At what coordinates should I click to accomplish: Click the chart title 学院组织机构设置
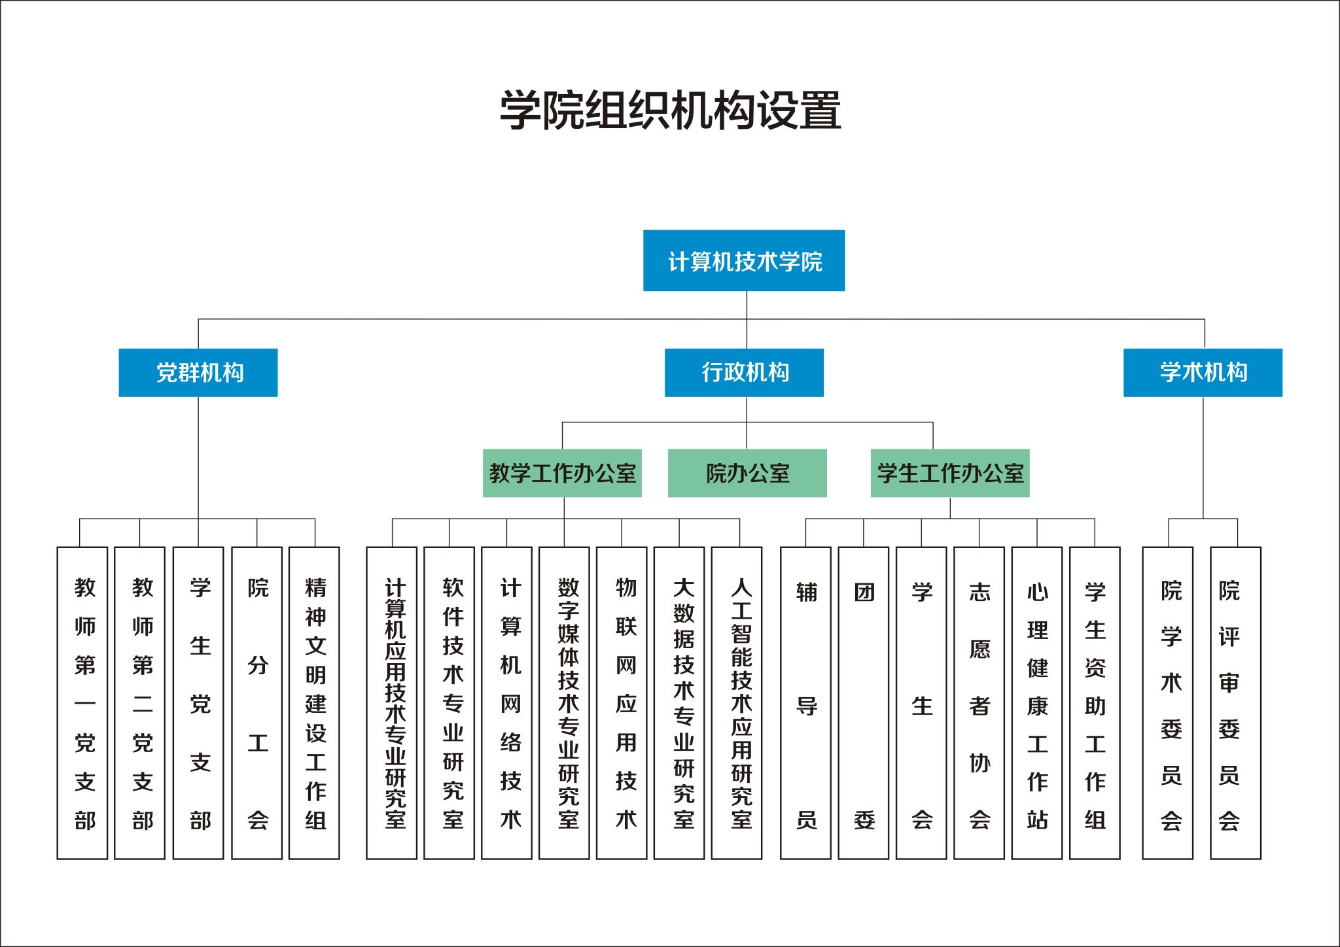(x=670, y=110)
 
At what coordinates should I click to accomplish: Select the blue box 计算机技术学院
(x=744, y=261)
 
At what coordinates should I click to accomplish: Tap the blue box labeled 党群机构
(x=198, y=373)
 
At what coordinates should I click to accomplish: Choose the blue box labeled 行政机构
(x=744, y=373)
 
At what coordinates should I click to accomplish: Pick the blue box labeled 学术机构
(x=1203, y=373)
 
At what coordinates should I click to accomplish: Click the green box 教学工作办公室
(x=562, y=473)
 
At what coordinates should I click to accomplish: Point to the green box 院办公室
(x=747, y=473)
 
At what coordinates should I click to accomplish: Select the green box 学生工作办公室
(x=950, y=473)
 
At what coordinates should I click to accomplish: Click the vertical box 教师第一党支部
(x=82, y=703)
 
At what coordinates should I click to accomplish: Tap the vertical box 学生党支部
(x=198, y=703)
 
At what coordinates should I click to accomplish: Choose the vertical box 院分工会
(x=257, y=703)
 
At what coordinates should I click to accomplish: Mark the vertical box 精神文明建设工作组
(x=315, y=703)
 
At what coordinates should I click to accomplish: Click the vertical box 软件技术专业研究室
(x=450, y=703)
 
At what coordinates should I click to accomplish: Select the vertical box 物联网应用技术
(x=622, y=703)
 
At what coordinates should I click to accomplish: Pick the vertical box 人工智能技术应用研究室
(x=737, y=703)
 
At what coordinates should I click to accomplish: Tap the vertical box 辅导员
(x=806, y=703)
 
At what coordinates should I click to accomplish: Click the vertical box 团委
(x=864, y=703)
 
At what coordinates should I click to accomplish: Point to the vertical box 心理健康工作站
(x=1037, y=703)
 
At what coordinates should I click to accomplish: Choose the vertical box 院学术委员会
(x=1168, y=703)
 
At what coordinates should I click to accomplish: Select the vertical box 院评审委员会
(x=1236, y=703)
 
